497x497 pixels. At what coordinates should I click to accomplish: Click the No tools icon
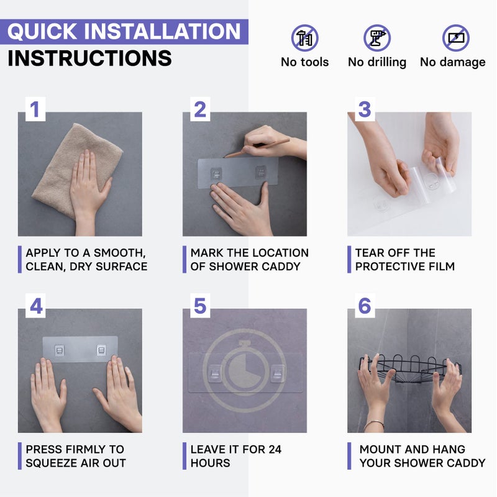point(304,38)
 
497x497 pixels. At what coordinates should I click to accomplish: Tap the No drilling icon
point(377,38)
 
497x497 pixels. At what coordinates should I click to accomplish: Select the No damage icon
point(456,38)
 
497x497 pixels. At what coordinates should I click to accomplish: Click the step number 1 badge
point(35,109)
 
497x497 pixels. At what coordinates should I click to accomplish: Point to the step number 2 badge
point(200,109)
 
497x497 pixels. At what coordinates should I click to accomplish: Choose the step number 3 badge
point(365,109)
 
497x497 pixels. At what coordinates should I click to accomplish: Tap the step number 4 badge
point(35,306)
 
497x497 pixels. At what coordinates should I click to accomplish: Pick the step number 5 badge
point(200,306)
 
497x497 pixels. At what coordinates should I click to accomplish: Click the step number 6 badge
point(365,306)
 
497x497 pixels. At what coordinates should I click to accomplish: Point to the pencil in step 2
point(257,148)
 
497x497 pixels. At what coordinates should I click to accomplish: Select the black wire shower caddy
point(410,369)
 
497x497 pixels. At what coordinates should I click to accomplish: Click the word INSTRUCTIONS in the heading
point(89,58)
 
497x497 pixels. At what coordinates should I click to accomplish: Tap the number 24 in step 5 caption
point(275,449)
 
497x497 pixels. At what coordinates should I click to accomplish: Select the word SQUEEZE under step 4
point(51,463)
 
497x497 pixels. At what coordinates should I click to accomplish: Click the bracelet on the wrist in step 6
point(374,424)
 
